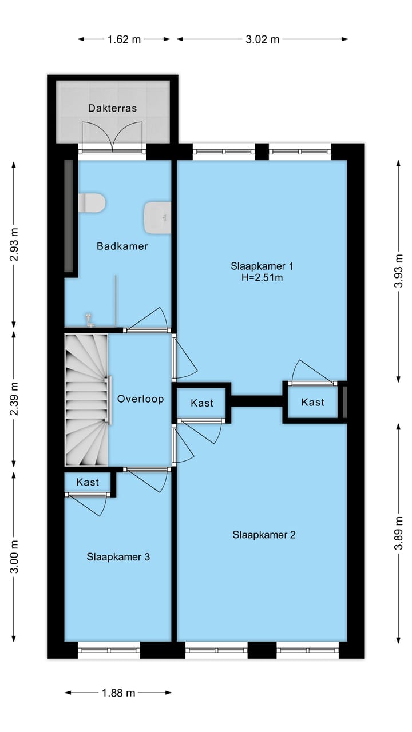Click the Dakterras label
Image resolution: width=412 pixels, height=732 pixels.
click(x=112, y=108)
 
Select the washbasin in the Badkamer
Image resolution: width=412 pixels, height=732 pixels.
click(x=157, y=217)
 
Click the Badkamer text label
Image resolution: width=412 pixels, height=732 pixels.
click(x=122, y=246)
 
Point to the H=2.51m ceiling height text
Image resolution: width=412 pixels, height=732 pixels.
click(x=262, y=278)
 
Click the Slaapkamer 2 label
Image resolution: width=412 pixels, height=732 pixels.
click(x=264, y=535)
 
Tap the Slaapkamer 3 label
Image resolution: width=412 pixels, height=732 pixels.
click(x=118, y=556)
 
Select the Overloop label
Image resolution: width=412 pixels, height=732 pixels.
click(x=140, y=399)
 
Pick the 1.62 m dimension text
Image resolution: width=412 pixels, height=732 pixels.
click(x=124, y=39)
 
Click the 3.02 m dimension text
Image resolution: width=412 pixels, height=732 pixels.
click(x=262, y=39)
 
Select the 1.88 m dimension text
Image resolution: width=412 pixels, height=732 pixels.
click(x=118, y=693)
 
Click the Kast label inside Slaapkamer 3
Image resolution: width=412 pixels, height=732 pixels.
click(x=88, y=482)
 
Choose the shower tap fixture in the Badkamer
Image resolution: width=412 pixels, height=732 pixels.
click(x=89, y=319)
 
